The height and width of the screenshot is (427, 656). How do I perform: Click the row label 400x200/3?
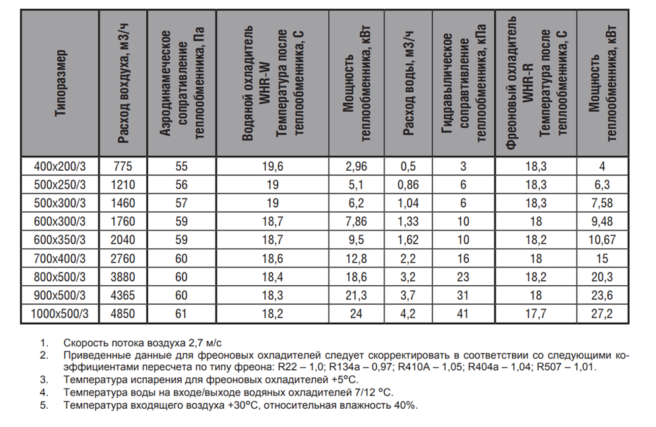pyautogui.click(x=61, y=167)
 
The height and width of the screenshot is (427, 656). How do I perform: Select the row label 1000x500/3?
pyautogui.click(x=61, y=314)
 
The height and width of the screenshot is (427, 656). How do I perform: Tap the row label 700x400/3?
pyautogui.click(x=61, y=259)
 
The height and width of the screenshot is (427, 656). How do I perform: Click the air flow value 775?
pyautogui.click(x=124, y=167)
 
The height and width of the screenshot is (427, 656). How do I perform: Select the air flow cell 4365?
pyautogui.click(x=124, y=296)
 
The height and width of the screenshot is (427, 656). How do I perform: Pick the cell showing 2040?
pyautogui.click(x=124, y=240)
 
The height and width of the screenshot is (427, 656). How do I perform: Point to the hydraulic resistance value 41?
pyautogui.click(x=463, y=314)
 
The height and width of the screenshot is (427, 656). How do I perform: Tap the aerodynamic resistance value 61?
pyautogui.click(x=181, y=314)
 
